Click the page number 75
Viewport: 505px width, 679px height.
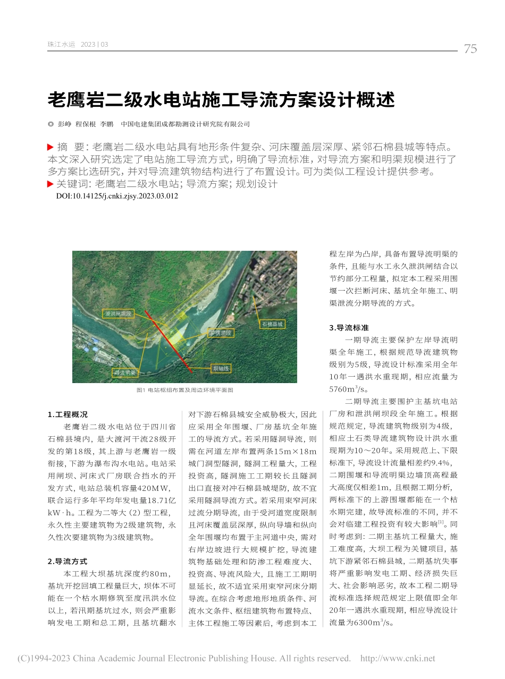pos(470,49)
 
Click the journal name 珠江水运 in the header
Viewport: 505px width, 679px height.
pos(62,45)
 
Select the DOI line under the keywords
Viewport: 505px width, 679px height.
pos(117,196)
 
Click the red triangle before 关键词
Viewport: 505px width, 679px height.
pos(50,184)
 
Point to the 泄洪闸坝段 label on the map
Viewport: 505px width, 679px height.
pos(117,314)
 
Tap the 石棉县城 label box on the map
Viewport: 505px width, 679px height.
pos(273,323)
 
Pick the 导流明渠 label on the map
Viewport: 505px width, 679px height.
pos(124,373)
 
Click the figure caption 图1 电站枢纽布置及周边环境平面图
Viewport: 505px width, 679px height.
pos(184,390)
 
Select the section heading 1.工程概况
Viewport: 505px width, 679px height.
pos(68,414)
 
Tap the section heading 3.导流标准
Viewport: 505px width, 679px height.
pos(349,328)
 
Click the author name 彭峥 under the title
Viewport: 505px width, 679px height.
pos(64,124)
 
